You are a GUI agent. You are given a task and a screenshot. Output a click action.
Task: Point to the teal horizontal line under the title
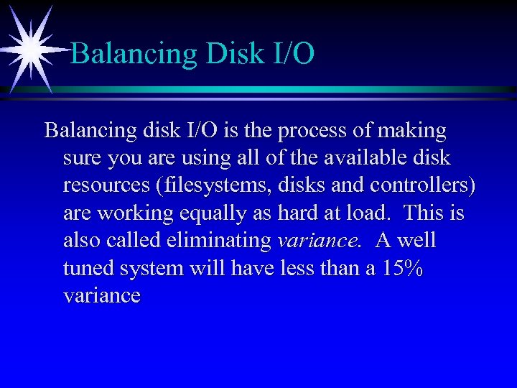click(x=287, y=89)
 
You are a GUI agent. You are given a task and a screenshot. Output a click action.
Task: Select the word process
click(x=318, y=131)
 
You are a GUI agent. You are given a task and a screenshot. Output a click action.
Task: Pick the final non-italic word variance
click(x=101, y=295)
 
